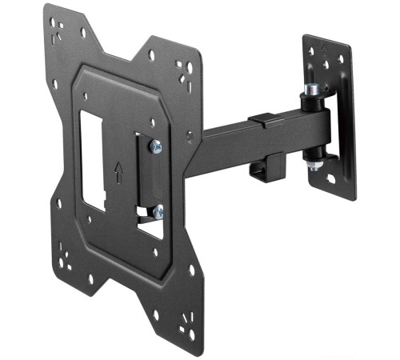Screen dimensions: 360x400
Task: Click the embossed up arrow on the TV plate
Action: pyautogui.click(x=118, y=170)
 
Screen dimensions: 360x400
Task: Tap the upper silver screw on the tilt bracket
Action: pyautogui.click(x=156, y=146)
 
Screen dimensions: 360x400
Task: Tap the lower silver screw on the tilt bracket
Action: pyautogui.click(x=158, y=211)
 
